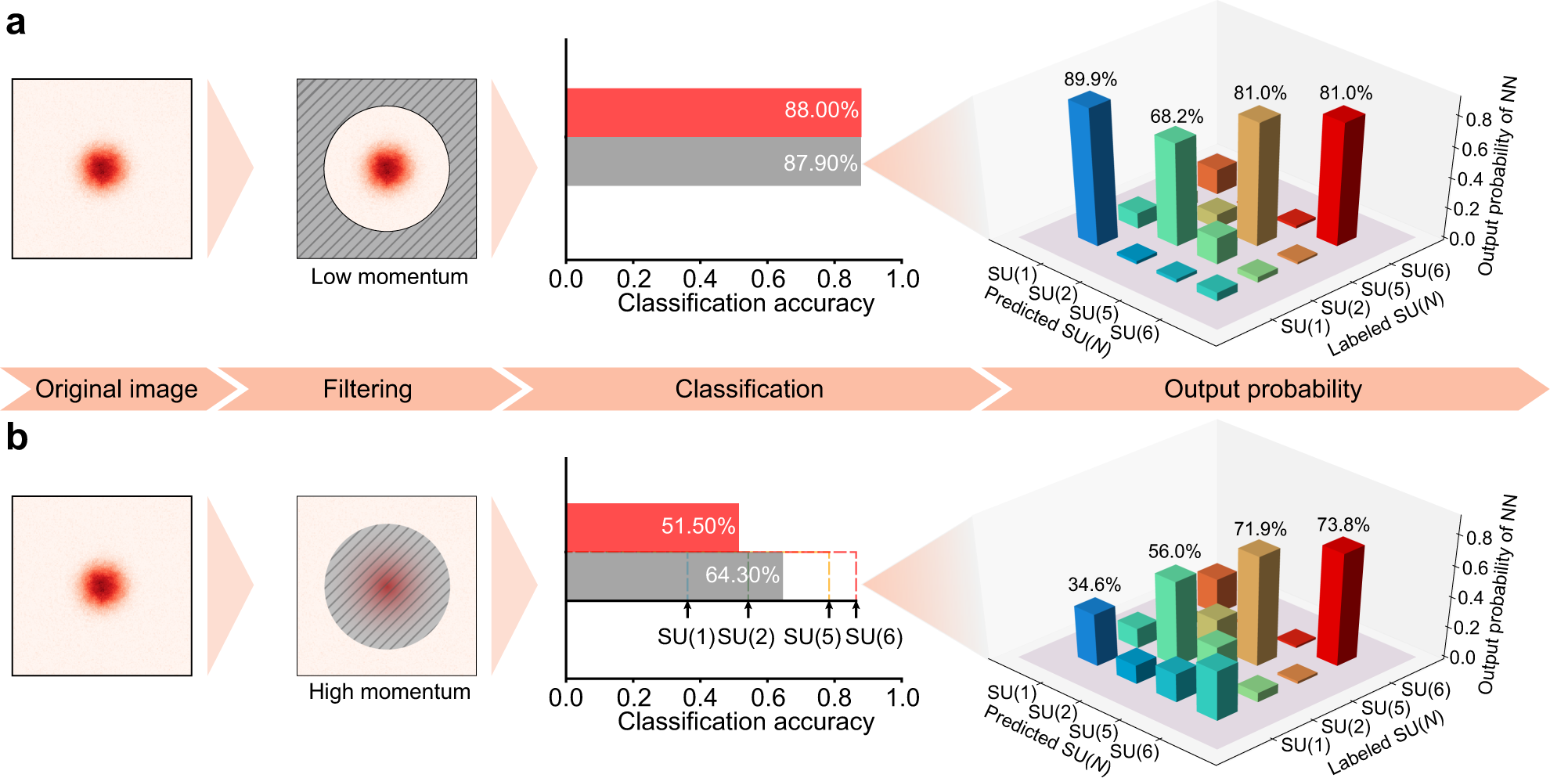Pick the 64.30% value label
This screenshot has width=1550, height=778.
(741, 575)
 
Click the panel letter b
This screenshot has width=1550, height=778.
(16, 438)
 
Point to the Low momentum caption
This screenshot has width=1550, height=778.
(389, 277)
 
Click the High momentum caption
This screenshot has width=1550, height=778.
(389, 692)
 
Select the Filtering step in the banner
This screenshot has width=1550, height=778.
(367, 389)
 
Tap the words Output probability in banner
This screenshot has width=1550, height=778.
(1262, 389)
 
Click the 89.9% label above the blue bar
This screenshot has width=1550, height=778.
(1090, 80)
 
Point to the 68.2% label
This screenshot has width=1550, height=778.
(1176, 117)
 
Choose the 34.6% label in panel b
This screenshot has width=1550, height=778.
(1094, 585)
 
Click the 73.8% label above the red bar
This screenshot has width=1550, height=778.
(1343, 525)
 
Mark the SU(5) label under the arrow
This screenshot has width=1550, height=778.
(812, 637)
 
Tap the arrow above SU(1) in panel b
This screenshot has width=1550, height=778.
(687, 610)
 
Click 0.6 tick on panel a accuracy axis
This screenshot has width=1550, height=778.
(767, 279)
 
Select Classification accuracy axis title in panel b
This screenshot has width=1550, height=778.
(745, 721)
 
